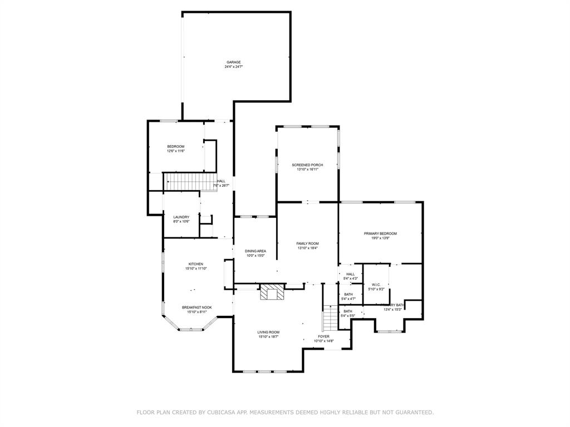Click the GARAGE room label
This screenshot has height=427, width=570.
[x=233, y=62]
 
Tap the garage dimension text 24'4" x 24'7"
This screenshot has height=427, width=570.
[x=233, y=67]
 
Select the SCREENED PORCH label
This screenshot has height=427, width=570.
[x=307, y=165]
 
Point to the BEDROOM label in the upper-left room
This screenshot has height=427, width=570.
[x=175, y=146]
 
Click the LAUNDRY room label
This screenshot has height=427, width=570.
[x=181, y=217]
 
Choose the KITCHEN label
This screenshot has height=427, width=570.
[x=195, y=264]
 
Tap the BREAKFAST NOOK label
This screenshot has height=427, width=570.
[x=196, y=307]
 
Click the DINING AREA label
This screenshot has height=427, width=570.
[x=255, y=251]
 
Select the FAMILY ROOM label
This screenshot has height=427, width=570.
[x=307, y=244]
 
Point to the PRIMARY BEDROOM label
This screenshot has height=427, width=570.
[x=381, y=234]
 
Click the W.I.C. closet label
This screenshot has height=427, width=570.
[x=376, y=285]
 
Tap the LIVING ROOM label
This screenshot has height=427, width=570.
[x=268, y=332]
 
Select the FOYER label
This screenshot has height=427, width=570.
[x=323, y=336]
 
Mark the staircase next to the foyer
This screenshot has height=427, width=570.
[x=330, y=319]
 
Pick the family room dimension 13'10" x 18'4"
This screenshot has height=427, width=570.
[x=307, y=248]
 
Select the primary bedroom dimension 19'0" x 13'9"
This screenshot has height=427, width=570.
[x=381, y=238]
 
